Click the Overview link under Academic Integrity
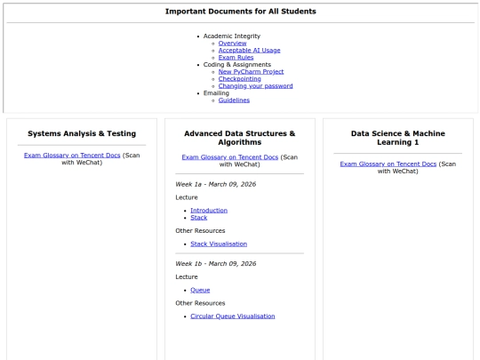click(x=233, y=44)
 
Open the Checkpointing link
click(x=237, y=79)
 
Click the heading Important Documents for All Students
click(x=240, y=11)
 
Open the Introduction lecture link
click(x=209, y=210)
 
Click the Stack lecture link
click(x=199, y=217)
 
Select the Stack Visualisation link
click(x=219, y=244)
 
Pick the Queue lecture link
click(x=200, y=290)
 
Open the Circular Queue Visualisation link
click(x=233, y=316)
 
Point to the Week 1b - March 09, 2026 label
click(x=215, y=263)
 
